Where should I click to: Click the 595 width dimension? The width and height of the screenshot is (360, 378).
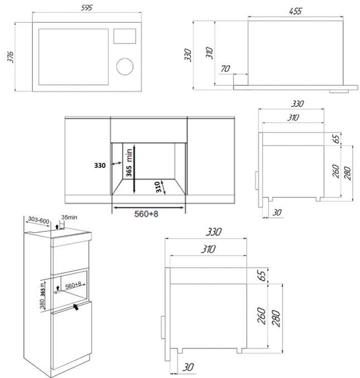[x=87, y=8]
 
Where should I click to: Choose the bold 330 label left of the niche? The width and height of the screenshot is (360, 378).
[x=100, y=165]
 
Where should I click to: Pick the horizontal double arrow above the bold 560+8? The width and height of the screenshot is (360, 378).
[x=148, y=205]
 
